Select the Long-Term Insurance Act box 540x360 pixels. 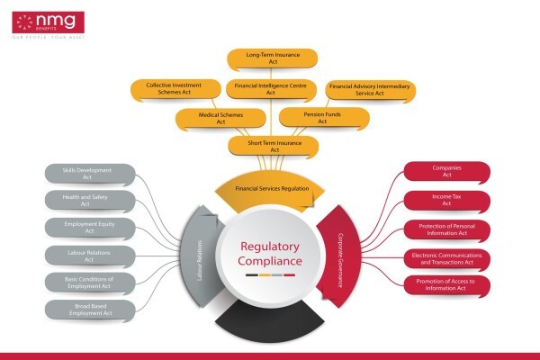pyautogui.click(x=272, y=58)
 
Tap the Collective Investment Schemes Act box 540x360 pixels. pyautogui.click(x=175, y=89)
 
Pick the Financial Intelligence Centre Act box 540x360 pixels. pyautogui.click(x=271, y=89)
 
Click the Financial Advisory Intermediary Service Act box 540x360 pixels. pyautogui.click(x=371, y=90)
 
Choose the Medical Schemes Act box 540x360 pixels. pyautogui.click(x=220, y=118)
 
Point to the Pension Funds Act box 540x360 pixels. pyautogui.click(x=324, y=118)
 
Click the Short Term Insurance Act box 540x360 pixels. pyautogui.click(x=273, y=146)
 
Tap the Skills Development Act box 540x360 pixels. pyautogui.click(x=90, y=174)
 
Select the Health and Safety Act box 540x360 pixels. pyautogui.click(x=90, y=201)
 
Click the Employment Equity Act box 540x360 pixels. pyautogui.click(x=90, y=228)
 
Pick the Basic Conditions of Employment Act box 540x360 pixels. pyautogui.click(x=90, y=283)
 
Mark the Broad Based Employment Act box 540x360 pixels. pyautogui.click(x=90, y=310)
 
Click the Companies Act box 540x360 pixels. pyautogui.click(x=447, y=172)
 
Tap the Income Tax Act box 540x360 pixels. pyautogui.click(x=447, y=201)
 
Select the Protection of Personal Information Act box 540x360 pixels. pyautogui.click(x=447, y=229)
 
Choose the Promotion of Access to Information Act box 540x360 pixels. pyautogui.click(x=447, y=285)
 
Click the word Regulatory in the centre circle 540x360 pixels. pyautogui.click(x=270, y=247)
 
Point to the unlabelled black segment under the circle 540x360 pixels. pyautogui.click(x=270, y=322)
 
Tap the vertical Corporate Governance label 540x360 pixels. pyautogui.click(x=340, y=260)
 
